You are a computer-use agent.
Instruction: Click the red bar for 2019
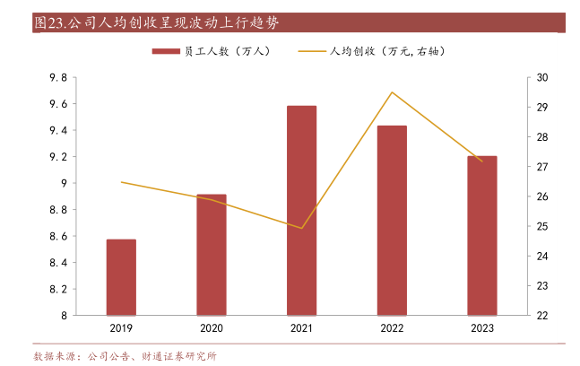point(121,277)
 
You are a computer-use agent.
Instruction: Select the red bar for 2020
point(212,255)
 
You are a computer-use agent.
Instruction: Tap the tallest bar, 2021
point(301,211)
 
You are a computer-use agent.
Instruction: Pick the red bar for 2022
point(392,221)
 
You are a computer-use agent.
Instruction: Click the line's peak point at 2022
point(392,92)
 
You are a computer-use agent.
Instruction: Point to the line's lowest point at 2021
point(301,228)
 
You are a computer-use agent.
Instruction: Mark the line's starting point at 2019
point(121,182)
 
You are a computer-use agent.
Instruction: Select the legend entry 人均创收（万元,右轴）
point(385,51)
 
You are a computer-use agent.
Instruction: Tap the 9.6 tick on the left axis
point(58,104)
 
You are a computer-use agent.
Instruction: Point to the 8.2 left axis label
point(58,289)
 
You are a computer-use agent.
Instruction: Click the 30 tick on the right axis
point(542,78)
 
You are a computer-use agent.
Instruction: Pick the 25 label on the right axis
point(542,226)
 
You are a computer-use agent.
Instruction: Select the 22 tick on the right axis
point(542,316)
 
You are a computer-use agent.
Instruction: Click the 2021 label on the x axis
point(301,329)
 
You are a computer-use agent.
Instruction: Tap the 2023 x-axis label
point(481,329)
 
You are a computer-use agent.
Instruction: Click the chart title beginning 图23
point(161,22)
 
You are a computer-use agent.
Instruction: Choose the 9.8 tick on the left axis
point(58,78)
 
